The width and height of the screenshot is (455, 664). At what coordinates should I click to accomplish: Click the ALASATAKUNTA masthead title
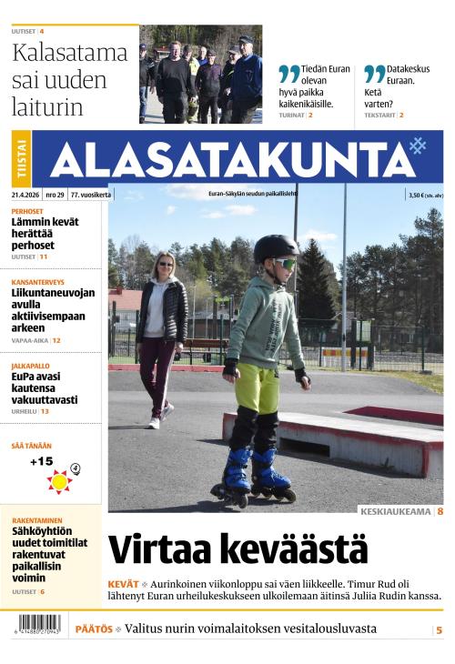(232, 160)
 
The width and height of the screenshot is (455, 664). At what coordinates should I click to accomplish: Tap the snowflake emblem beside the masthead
(418, 145)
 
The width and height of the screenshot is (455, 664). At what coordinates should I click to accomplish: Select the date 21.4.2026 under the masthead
(25, 195)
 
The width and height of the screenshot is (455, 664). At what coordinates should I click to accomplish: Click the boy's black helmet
(276, 246)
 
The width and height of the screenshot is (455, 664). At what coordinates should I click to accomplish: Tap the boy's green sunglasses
(285, 264)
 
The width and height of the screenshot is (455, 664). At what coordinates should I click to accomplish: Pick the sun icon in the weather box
(60, 480)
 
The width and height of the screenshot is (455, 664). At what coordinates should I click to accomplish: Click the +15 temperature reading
(41, 461)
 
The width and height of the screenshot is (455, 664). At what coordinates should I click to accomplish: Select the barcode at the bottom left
(38, 625)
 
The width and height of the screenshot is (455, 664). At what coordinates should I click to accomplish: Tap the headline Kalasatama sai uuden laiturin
(69, 80)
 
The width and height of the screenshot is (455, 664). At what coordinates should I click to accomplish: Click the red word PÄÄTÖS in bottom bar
(94, 629)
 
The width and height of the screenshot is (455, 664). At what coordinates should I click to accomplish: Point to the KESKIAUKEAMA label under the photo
(395, 511)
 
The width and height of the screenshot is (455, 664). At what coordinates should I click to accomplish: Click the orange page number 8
(440, 511)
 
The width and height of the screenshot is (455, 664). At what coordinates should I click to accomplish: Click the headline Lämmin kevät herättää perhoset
(45, 234)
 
